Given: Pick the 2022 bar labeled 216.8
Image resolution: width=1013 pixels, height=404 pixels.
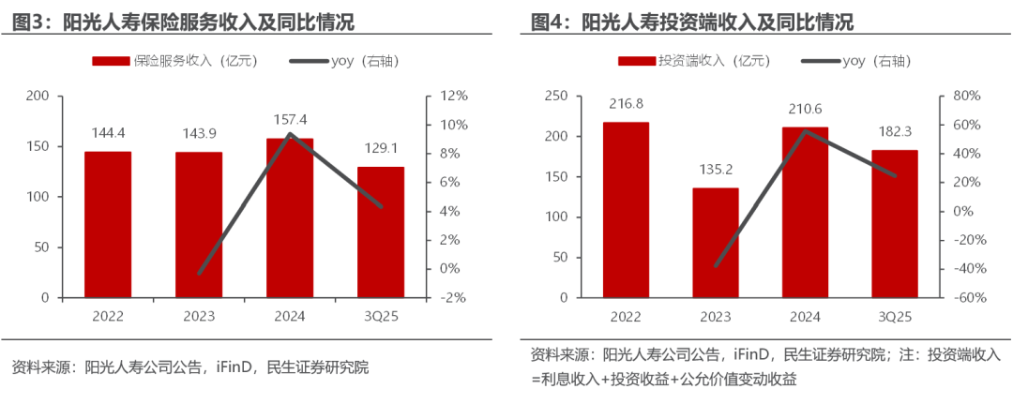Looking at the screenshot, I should pos(626,211).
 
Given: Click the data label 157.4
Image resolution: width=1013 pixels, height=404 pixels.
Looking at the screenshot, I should pos(289,120).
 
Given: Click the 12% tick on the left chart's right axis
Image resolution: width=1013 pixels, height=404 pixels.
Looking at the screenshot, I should pos(454,97).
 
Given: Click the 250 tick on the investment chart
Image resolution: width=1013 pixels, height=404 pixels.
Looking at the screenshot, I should pos(556,97).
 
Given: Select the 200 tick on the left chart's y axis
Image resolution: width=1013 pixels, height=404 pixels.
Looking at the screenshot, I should pos(38,97).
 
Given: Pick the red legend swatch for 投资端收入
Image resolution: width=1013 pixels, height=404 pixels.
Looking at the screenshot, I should pos(637,62).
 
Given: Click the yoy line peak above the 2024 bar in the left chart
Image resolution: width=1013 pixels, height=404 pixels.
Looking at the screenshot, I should pos(290,134).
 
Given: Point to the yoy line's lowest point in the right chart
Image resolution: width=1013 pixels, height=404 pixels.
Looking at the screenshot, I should pos(716,266).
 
